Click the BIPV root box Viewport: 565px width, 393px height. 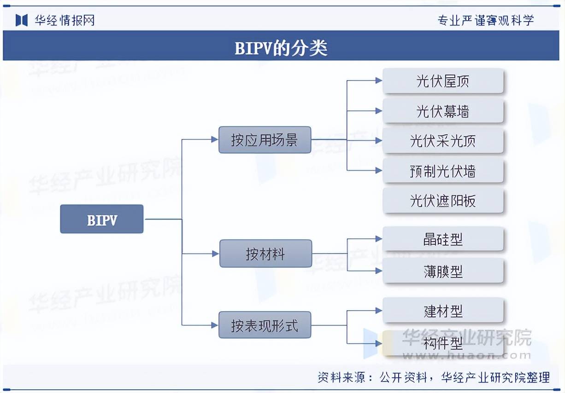tap(102, 219)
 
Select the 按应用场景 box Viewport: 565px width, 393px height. tap(265, 140)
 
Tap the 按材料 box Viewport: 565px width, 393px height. tap(265, 254)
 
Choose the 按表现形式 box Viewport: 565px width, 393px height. tap(265, 325)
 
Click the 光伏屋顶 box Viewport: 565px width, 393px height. tap(442, 81)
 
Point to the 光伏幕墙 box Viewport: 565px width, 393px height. tap(442, 111)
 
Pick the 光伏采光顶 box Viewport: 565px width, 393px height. tap(442, 141)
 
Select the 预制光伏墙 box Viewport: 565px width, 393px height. tap(442, 171)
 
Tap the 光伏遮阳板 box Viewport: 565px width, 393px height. tap(442, 201)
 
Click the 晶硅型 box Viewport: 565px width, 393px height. tap(442, 239)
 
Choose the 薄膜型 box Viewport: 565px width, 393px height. tap(442, 271)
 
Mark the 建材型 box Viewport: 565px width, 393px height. tap(442, 311)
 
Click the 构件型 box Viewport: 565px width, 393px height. tap(442, 343)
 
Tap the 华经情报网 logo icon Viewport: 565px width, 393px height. tap(22, 20)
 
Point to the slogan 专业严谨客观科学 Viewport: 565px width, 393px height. tap(485, 20)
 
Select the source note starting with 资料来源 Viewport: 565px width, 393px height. tap(433, 378)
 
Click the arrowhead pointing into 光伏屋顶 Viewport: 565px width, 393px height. tap(378, 81)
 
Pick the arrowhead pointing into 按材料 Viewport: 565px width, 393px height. tap(215, 254)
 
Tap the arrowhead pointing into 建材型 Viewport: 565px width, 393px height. tap(378, 311)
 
